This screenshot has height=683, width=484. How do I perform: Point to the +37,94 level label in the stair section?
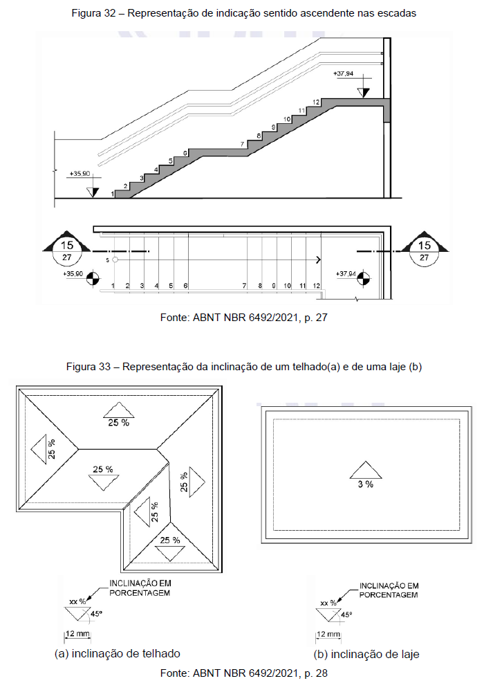coord(344,73)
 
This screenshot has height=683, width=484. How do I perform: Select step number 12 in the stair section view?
coord(315,102)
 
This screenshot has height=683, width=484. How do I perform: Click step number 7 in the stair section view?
coord(242,144)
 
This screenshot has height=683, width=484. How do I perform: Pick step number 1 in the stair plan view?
coord(113,285)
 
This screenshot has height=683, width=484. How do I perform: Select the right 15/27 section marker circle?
coord(425,251)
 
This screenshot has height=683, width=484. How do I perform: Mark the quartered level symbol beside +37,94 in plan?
coord(366,280)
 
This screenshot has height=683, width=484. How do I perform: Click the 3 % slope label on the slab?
coord(365,484)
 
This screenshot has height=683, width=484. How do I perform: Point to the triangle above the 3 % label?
coord(365,470)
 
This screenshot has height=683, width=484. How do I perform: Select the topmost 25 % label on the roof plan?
coord(118,422)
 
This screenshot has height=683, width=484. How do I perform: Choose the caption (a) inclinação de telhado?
coord(118,653)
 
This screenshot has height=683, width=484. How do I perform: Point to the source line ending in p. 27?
coord(244,318)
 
